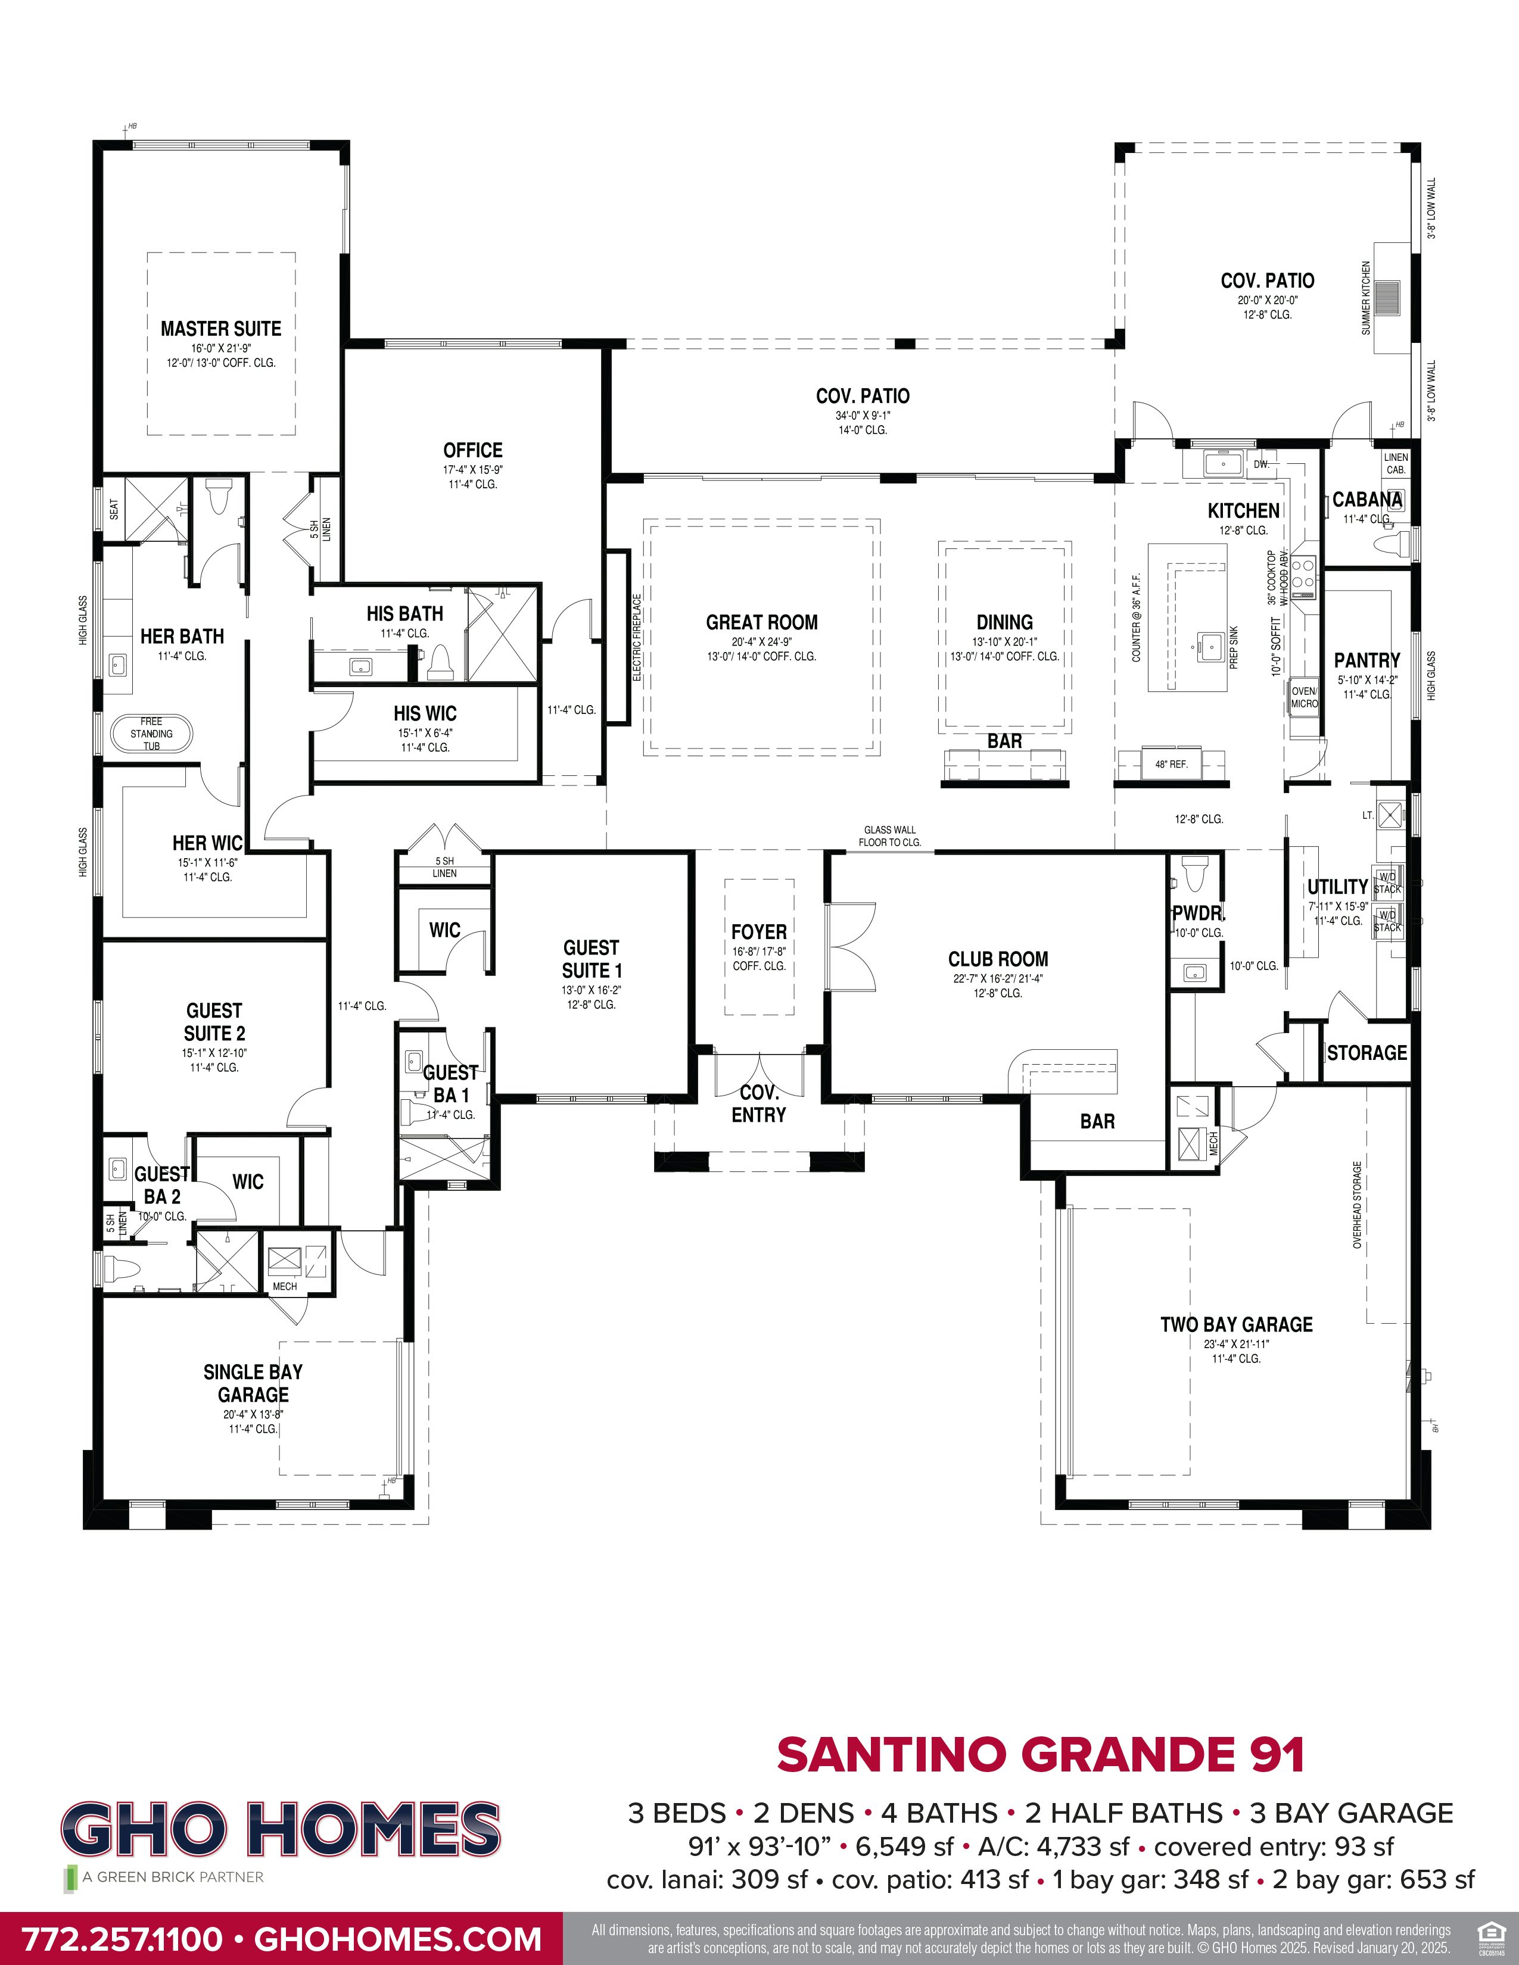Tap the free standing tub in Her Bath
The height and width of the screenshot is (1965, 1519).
[151, 733]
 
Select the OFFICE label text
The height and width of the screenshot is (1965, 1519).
[472, 450]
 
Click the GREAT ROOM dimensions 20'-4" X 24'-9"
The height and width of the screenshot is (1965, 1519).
[761, 641]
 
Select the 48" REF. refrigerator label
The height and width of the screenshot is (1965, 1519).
[1171, 764]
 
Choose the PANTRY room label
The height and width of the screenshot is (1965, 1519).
[1366, 660]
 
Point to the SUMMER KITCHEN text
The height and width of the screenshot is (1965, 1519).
[1366, 298]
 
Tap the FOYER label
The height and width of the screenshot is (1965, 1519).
[758, 932]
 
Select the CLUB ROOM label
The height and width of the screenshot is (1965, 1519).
[998, 959]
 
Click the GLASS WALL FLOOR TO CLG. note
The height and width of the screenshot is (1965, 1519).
[890, 836]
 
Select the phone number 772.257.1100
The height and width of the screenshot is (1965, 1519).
[122, 1939]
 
